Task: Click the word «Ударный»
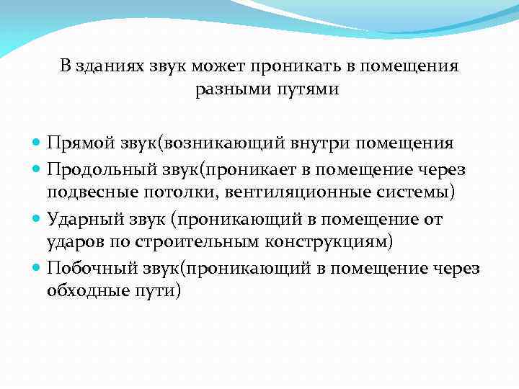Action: coord(81,219)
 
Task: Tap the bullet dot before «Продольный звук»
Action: coord(37,170)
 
